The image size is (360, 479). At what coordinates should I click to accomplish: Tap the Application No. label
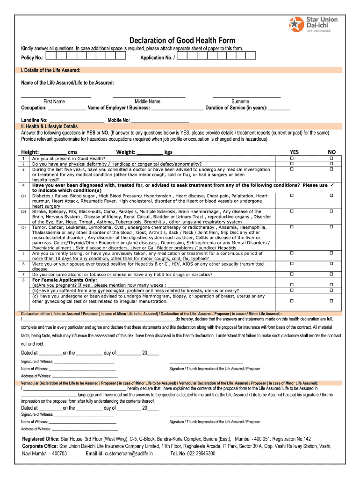click(158, 58)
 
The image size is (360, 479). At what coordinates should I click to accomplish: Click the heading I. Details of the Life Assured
click(50, 70)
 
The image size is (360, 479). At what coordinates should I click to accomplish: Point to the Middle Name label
click(147, 102)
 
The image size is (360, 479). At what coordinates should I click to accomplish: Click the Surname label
click(240, 102)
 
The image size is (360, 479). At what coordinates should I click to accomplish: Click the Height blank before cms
click(53, 152)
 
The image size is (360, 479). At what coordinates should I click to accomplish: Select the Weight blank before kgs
click(150, 152)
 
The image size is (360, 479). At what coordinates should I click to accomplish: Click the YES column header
click(294, 152)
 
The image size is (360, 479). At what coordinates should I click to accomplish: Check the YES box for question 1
click(292, 159)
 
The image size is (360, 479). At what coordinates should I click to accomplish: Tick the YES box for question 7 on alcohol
click(292, 274)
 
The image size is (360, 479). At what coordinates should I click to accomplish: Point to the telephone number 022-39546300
click(200, 453)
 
